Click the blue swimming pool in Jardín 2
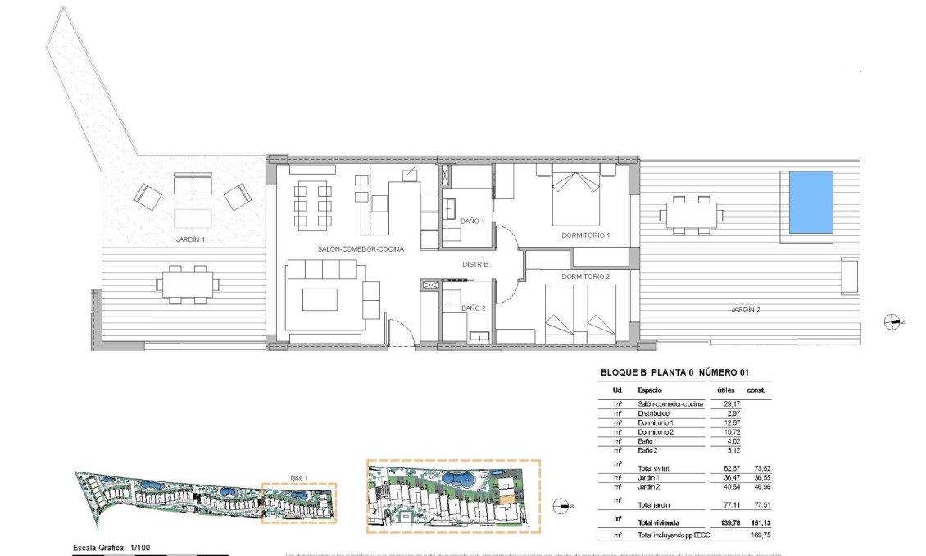coord(810,202)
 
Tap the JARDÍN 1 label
coord(190,240)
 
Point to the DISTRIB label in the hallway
coord(475,265)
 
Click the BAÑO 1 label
coord(472,221)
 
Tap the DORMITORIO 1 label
coord(586,235)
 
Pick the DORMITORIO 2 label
coord(586,277)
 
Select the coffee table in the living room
coord(320,299)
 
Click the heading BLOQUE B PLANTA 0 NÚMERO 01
coord(674,372)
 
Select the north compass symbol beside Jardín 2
coord(892,322)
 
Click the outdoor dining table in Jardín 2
coord(692,216)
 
